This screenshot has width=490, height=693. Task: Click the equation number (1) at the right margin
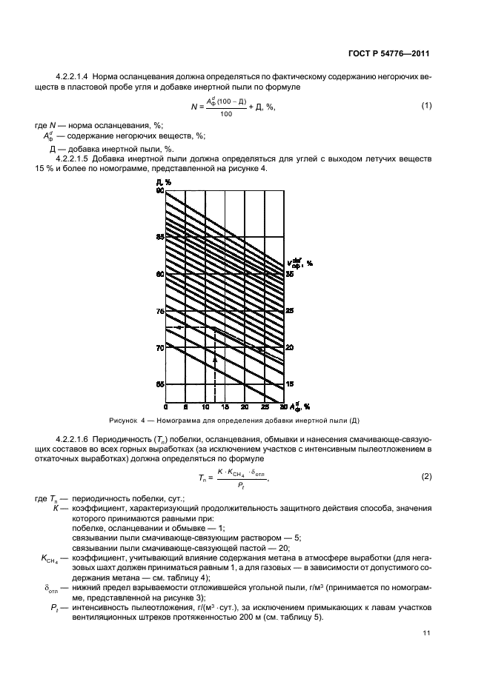pos(426,106)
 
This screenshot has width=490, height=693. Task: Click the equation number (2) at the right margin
pos(426,497)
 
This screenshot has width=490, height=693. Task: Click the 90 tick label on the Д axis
pos(159,191)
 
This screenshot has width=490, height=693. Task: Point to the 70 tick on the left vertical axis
pos(159,347)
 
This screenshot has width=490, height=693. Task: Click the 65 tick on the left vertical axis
pos(159,384)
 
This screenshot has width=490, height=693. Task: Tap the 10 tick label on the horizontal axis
pos(205,408)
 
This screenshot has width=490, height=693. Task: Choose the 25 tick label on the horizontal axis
pos(265,408)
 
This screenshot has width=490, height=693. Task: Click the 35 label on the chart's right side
pos(290,274)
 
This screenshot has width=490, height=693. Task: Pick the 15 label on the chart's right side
pos(290,384)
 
